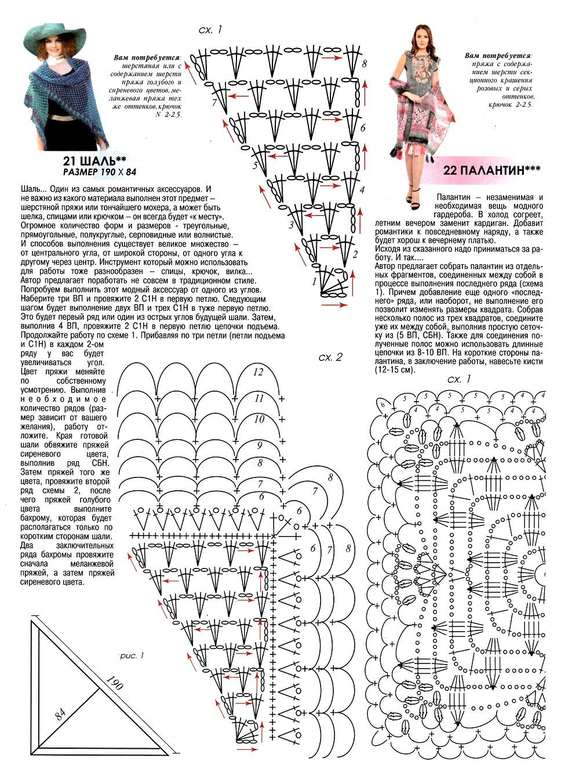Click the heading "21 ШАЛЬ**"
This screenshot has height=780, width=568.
[94, 161]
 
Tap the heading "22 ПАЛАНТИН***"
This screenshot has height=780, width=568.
[491, 170]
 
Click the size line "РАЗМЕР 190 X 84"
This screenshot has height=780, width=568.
[100, 172]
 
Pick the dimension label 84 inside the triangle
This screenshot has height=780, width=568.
[60, 714]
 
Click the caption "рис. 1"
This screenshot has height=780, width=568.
[132, 655]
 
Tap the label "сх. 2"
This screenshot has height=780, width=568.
[330, 357]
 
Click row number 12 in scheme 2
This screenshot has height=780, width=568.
[258, 372]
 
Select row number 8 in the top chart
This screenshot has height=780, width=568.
[364, 64]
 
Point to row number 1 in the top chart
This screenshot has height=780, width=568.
[314, 282]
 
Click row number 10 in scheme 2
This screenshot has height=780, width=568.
[259, 419]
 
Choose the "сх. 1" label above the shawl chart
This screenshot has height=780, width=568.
[210, 30]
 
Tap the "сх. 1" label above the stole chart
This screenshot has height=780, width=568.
[459, 379]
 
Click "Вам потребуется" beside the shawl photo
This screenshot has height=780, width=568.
[147, 57]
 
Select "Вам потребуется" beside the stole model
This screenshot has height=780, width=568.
[498, 56]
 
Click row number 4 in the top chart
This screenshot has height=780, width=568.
[362, 189]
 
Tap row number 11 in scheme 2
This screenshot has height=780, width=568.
[259, 398]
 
